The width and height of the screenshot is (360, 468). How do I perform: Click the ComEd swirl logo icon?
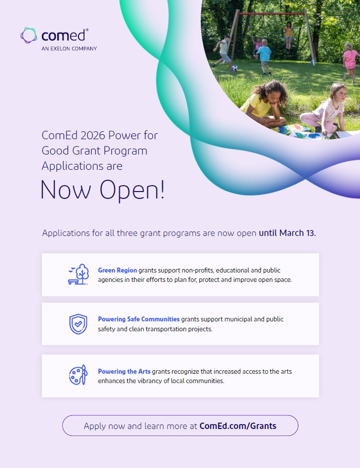[x=29, y=36]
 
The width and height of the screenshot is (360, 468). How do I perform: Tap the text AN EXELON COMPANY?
[x=69, y=48]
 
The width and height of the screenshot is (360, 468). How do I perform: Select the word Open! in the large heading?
[x=132, y=190]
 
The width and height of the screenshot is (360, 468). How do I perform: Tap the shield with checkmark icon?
[x=78, y=324]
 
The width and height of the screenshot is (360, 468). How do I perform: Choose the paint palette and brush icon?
[x=78, y=375]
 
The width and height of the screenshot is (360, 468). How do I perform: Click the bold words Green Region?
[x=117, y=270]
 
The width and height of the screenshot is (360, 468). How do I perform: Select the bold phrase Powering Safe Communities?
[x=139, y=319]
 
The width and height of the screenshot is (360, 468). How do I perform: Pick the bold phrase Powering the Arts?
[x=124, y=371]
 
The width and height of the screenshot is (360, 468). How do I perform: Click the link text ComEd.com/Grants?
[x=238, y=426]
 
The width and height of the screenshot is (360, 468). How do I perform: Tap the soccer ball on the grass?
[x=234, y=68]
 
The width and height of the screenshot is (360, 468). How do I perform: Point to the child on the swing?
[x=288, y=36]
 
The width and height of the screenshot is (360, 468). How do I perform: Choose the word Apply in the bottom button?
[x=95, y=426]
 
